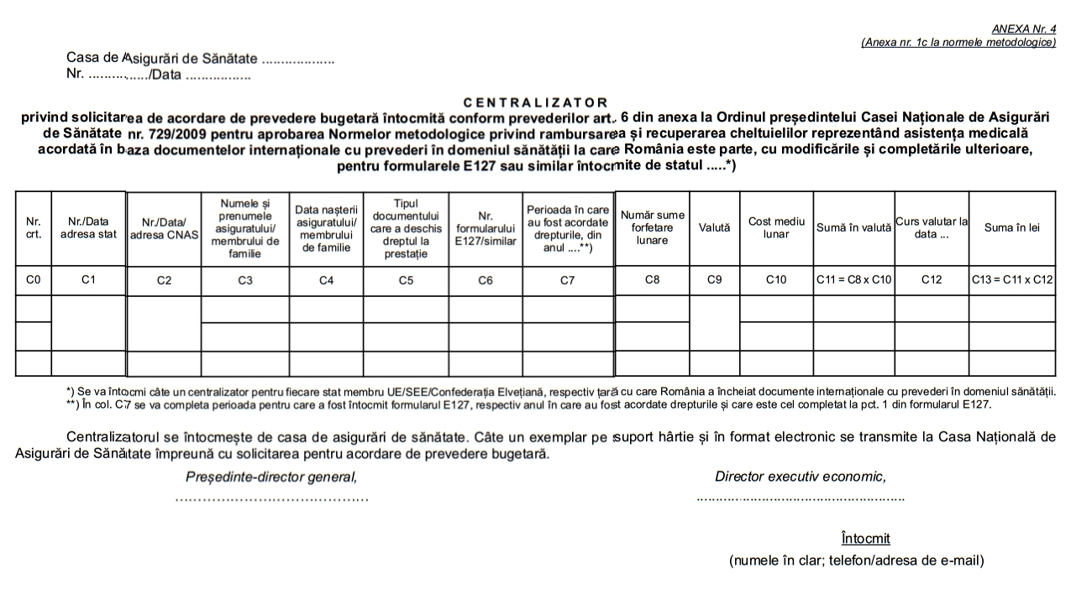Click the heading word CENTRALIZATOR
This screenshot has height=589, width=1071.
click(536, 102)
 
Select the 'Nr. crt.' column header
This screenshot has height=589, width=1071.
click(34, 228)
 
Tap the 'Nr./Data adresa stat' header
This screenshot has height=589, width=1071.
click(88, 228)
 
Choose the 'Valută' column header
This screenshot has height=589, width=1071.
click(714, 227)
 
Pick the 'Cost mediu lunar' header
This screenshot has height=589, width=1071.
click(776, 227)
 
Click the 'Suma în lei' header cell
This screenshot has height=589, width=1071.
click(1011, 227)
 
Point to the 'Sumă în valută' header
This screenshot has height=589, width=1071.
click(853, 227)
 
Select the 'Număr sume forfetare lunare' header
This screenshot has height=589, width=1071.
click(652, 227)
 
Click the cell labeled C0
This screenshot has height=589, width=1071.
click(34, 280)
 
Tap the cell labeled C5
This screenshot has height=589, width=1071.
click(406, 281)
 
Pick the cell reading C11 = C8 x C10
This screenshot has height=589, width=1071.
click(853, 280)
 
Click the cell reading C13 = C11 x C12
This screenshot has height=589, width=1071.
click(1011, 280)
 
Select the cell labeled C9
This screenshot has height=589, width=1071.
click(714, 280)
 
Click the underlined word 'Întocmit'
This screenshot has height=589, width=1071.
click(865, 539)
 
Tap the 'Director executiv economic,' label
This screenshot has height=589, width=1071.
click(801, 477)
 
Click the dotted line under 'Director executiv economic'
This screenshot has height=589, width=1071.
click(801, 498)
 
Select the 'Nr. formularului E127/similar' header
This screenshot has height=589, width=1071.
click(485, 228)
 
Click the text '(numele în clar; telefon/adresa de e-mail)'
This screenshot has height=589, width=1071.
click(856, 560)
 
